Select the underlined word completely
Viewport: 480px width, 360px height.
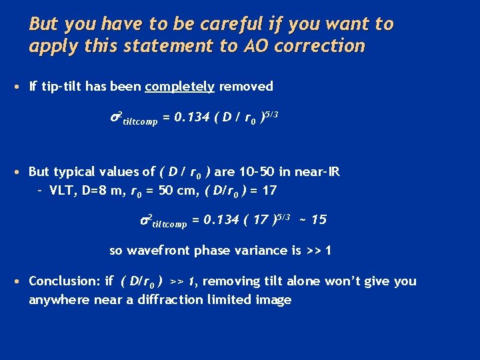point(180,86)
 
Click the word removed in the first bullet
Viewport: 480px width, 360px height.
point(246,86)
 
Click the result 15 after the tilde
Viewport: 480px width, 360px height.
point(319,219)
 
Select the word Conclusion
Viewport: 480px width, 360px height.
point(62,281)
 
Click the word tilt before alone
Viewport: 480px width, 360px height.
point(273,281)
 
